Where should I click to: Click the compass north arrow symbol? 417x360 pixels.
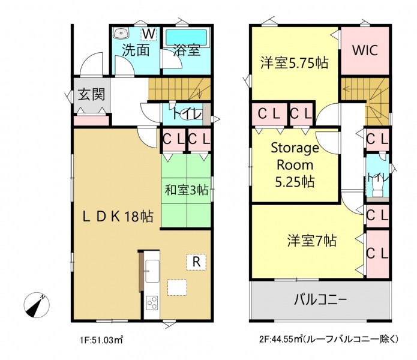coord(37,305)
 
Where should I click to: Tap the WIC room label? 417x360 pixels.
coord(365,50)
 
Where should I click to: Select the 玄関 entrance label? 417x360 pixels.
coord(91,94)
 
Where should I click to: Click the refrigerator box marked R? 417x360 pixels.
coord(196,262)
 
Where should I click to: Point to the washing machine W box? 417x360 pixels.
coord(149,34)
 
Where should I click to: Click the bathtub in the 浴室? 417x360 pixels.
coord(186,37)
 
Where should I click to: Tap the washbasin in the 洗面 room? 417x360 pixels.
coord(121,34)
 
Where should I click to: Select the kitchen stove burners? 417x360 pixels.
coord(152,303)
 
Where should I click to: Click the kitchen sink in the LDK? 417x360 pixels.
coord(152,271)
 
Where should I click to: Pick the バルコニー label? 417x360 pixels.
coord(320,300)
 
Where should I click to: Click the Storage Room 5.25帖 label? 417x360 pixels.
coord(295,165)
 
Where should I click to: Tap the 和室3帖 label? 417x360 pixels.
coord(187,190)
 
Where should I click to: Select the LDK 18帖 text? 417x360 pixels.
coord(118,217)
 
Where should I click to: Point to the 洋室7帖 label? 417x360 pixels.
coord(311,241)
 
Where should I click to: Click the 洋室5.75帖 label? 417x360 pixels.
coord(295,63)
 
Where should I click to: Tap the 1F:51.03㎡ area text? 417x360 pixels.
coord(101,340)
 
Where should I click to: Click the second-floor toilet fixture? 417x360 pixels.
coord(377,187)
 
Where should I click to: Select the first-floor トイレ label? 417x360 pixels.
coord(187,114)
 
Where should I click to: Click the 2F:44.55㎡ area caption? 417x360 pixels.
coord(328,339)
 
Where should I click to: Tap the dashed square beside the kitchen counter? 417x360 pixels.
coord(177,287)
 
